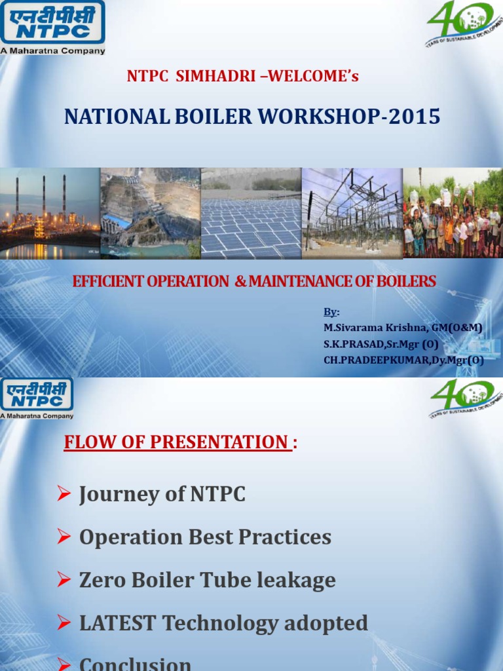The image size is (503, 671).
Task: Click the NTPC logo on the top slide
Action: coord(52,26)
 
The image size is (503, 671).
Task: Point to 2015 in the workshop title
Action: coord(413,117)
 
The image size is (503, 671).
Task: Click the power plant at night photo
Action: coord(50,213)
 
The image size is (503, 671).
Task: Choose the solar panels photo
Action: coord(251,213)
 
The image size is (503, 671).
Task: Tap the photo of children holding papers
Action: coord(453,213)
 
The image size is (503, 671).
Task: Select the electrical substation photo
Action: coord(352,213)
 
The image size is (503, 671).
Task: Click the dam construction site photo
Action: coord(151,213)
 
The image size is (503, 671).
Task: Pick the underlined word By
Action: coord(330,312)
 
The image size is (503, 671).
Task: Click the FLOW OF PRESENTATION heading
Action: coord(176,442)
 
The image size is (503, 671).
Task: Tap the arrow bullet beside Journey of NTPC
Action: coord(64,494)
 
